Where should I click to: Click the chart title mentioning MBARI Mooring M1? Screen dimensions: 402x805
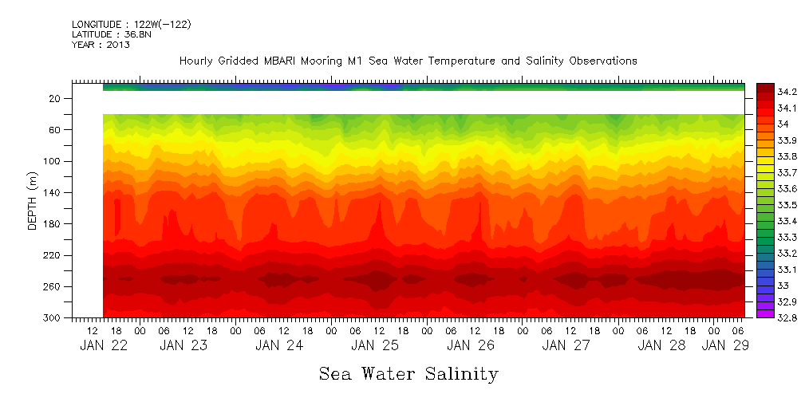click(408, 61)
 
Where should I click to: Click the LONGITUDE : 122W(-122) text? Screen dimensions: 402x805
click(131, 25)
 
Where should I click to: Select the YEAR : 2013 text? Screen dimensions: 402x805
click(101, 45)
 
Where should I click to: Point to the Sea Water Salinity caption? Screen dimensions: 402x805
click(408, 373)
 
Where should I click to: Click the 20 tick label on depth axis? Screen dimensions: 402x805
click(55, 99)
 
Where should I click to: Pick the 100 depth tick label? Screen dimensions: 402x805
click(52, 162)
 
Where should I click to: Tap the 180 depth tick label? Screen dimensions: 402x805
click(52, 224)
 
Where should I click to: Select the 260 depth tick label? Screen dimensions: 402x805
click(52, 287)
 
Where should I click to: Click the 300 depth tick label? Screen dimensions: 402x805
click(52, 318)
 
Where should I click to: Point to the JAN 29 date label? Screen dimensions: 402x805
click(724, 345)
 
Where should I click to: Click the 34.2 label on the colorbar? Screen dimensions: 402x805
click(787, 92)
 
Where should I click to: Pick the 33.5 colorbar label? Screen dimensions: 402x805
click(787, 205)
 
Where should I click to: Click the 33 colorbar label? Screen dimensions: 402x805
click(783, 286)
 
